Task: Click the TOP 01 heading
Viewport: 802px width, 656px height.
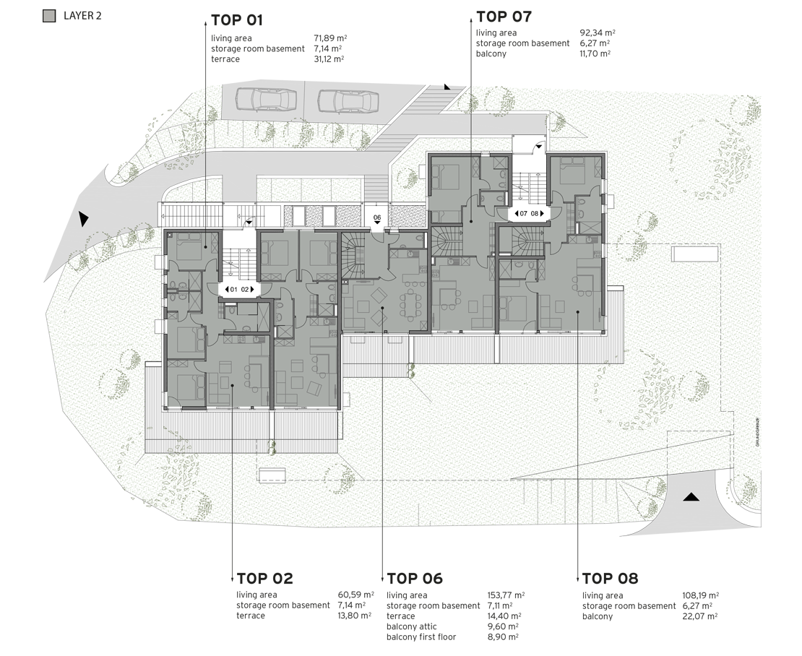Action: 237,20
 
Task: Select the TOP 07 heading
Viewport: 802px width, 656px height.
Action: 504,17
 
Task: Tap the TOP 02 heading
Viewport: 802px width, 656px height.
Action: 264,579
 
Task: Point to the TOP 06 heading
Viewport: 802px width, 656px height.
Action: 415,579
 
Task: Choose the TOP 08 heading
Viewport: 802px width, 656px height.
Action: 611,579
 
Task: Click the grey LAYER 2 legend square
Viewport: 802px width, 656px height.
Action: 49,16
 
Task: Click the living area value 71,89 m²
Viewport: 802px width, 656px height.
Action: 330,38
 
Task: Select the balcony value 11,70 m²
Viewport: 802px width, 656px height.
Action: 595,53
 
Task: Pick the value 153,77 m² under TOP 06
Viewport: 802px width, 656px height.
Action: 506,595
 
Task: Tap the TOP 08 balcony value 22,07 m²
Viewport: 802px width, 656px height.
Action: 701,617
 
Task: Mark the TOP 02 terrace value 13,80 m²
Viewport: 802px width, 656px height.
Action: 355,616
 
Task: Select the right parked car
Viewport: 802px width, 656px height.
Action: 348,101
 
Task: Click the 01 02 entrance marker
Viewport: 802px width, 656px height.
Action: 239,290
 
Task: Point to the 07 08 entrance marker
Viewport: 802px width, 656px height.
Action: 529,214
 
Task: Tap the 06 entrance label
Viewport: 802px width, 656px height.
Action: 377,217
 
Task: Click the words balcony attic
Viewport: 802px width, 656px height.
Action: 412,627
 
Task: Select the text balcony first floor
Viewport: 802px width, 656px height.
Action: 421,637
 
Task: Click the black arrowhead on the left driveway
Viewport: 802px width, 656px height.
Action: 83,219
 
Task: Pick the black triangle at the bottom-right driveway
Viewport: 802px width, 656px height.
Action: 691,496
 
